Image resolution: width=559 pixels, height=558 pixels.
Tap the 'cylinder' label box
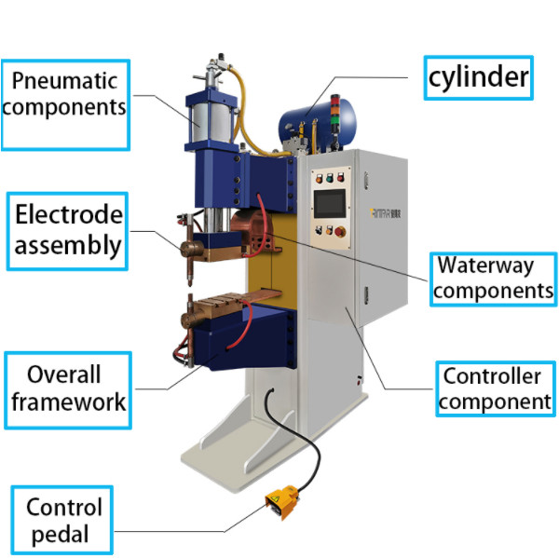pyautogui.click(x=478, y=79)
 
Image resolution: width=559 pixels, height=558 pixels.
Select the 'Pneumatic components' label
pyautogui.click(x=65, y=93)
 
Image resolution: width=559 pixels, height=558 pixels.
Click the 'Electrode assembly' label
pyautogui.click(x=67, y=230)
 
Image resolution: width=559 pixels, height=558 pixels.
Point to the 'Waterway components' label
pyautogui.click(x=492, y=278)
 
